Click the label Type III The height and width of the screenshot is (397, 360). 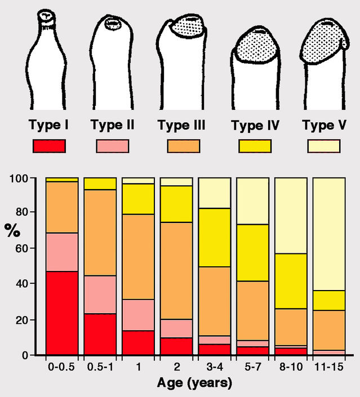[x=181, y=125]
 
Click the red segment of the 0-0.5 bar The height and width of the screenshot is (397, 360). [x=62, y=313]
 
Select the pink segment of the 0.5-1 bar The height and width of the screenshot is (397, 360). [x=100, y=295]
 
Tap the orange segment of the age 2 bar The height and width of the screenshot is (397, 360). [x=176, y=270]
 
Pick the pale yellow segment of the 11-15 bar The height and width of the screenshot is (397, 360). [x=328, y=234]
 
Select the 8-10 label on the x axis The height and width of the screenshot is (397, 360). [x=291, y=367]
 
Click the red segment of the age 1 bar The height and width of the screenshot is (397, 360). [x=138, y=342]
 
